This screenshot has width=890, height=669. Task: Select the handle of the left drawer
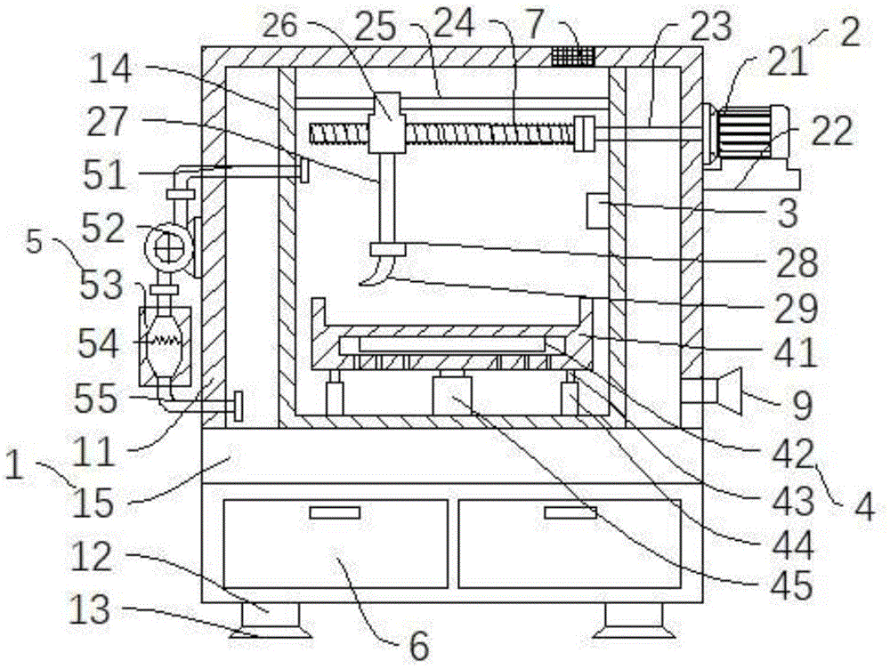[334, 512]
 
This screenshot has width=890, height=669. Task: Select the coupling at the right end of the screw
[585, 133]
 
